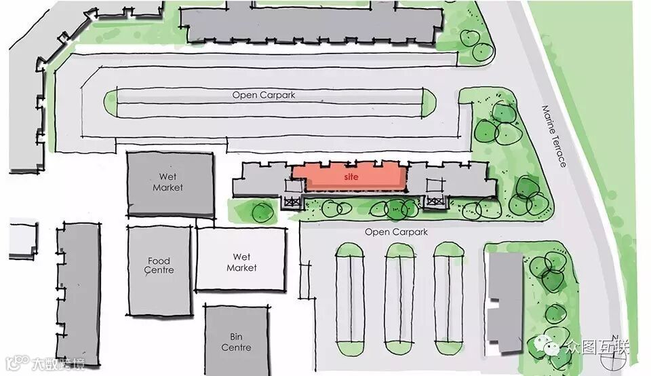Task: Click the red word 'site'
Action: tap(351, 176)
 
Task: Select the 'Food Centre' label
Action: tap(160, 265)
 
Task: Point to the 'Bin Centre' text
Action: tap(236, 342)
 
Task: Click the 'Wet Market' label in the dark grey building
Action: tap(167, 183)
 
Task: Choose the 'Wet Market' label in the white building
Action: tap(241, 262)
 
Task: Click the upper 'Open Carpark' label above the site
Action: tap(264, 95)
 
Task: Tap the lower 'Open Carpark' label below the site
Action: tap(396, 232)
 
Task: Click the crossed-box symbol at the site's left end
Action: tap(292, 200)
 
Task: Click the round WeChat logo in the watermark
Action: tap(553, 347)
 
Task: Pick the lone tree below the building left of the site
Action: tap(262, 212)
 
